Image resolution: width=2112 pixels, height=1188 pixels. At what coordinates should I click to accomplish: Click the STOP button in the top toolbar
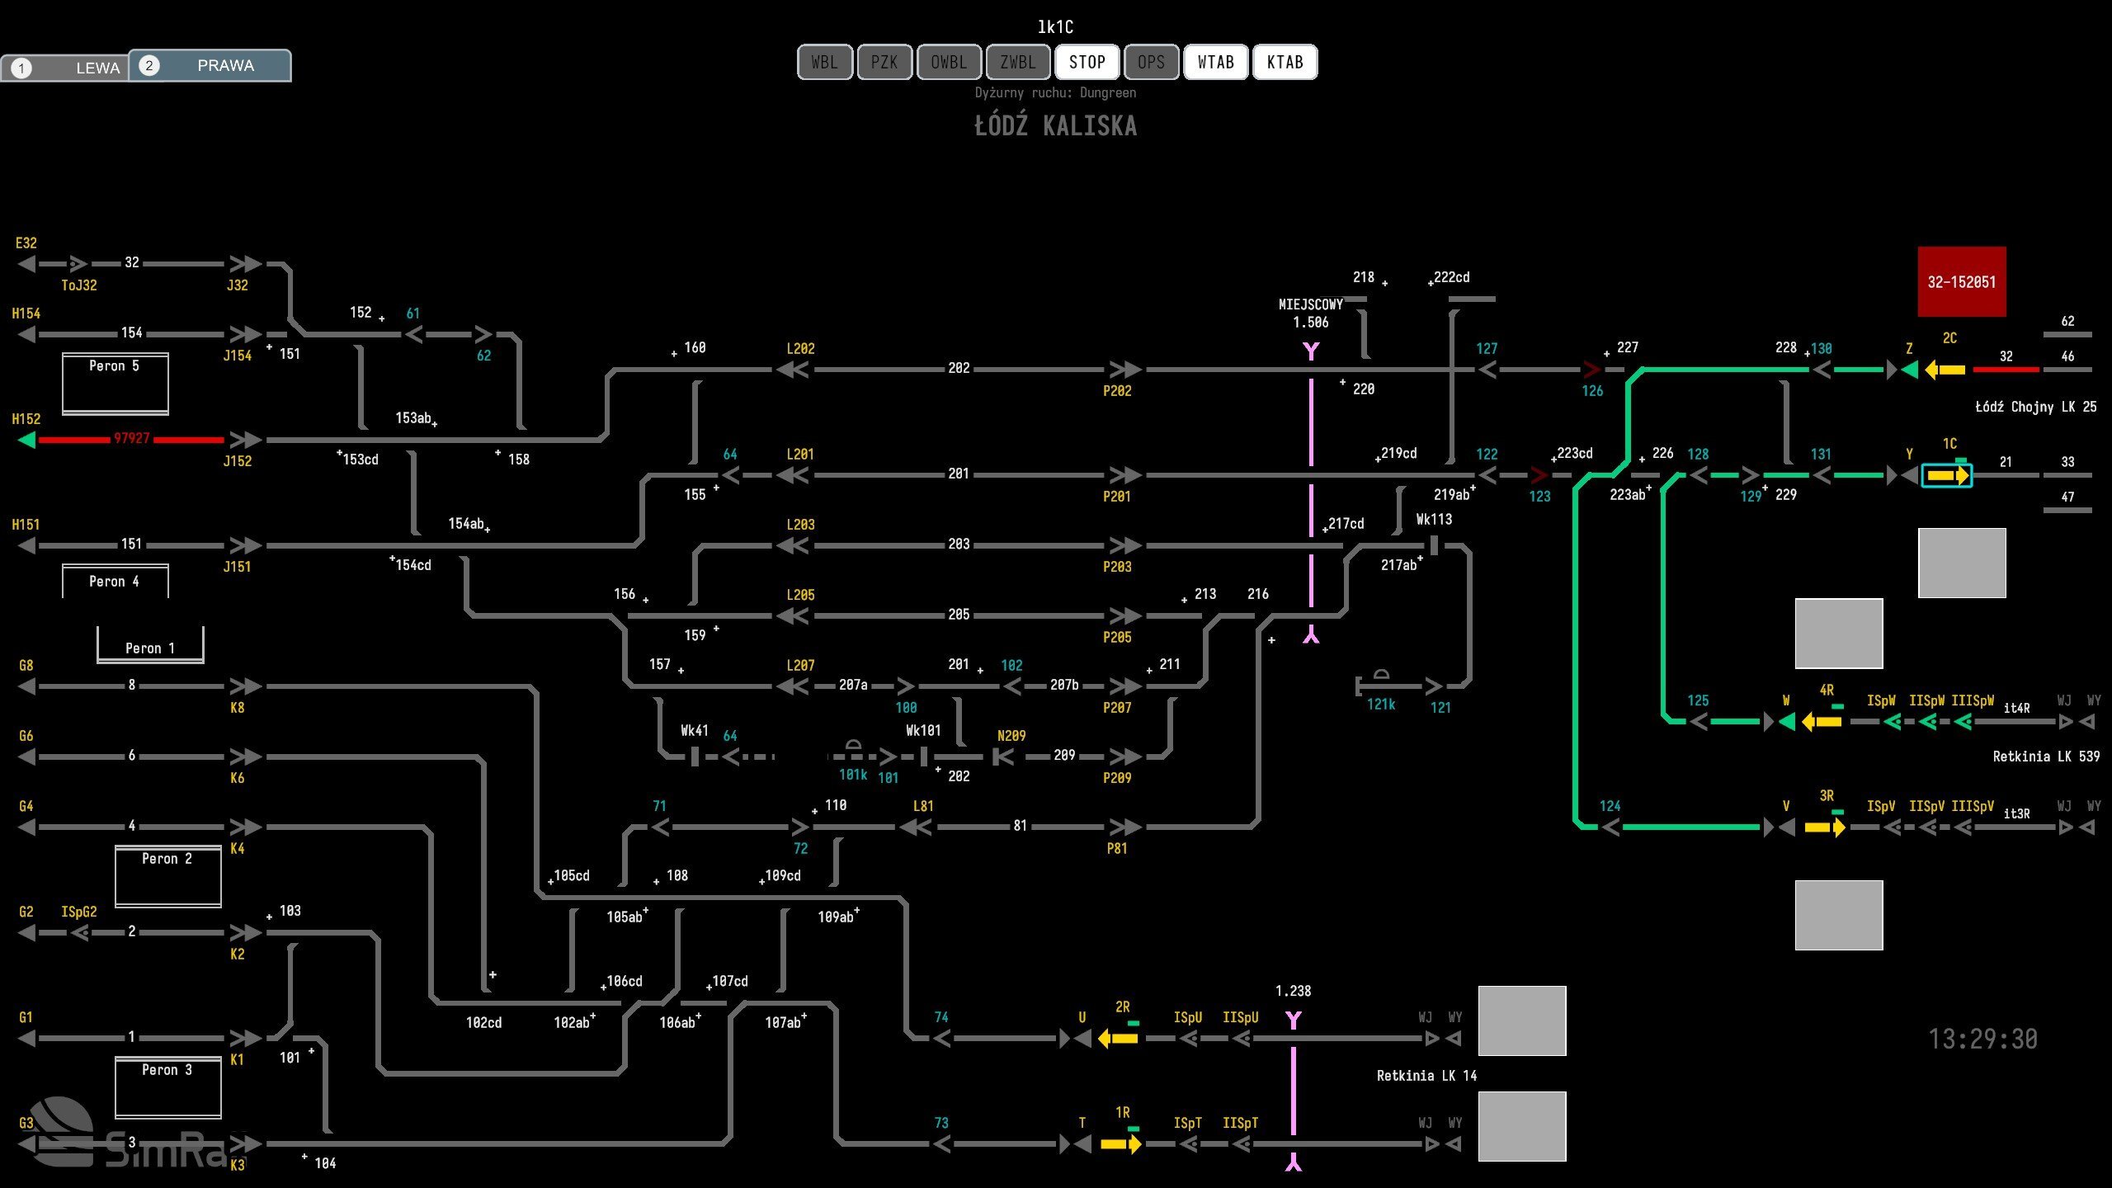click(1087, 63)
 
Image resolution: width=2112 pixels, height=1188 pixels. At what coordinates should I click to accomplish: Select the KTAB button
click(1285, 63)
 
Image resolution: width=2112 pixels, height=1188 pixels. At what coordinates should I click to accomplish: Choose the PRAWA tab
click(210, 66)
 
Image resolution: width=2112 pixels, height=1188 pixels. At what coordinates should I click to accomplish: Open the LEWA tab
click(66, 68)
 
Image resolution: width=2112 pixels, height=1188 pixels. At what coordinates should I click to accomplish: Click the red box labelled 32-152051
click(1961, 282)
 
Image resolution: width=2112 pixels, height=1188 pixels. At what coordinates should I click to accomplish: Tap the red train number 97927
click(132, 438)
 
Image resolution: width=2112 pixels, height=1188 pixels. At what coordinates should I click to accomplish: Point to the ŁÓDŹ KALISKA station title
click(1055, 126)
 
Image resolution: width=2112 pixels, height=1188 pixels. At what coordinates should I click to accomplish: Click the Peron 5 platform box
click(115, 383)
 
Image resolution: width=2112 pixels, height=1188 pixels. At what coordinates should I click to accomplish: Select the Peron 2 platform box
click(167, 875)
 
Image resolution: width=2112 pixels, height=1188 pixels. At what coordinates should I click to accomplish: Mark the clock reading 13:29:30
click(1982, 1039)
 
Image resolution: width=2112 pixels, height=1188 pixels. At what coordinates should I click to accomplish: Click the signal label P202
click(1117, 391)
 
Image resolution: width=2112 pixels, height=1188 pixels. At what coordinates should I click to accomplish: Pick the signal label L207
click(800, 665)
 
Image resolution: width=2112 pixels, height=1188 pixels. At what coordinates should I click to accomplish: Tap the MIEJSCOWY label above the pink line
click(1310, 304)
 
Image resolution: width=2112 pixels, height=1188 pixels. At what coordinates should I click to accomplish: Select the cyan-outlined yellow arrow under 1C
click(1947, 476)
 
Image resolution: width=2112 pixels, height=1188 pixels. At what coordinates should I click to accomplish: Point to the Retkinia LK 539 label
click(2045, 757)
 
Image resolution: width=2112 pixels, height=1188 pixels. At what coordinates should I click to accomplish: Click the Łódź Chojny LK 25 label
click(2035, 407)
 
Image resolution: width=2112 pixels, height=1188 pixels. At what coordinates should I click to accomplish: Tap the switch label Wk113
click(1434, 520)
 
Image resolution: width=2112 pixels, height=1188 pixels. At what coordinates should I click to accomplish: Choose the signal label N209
click(1011, 736)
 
